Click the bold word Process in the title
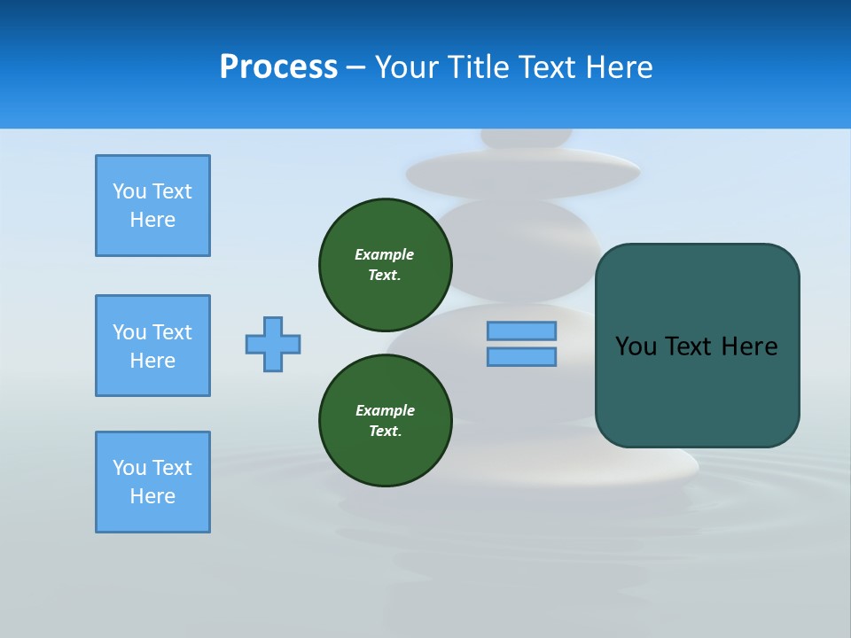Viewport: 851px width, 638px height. coord(278,67)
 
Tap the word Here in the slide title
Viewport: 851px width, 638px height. coord(616,67)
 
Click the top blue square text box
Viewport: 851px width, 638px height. coord(152,206)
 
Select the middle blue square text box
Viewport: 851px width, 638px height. coord(152,346)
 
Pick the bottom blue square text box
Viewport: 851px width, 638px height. coord(152,482)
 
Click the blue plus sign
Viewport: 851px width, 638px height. coord(273,344)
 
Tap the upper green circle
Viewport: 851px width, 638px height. coord(386,264)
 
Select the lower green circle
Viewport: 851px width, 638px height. coord(386,420)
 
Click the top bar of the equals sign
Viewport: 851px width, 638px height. coord(521,331)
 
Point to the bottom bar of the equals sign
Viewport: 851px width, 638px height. coord(521,356)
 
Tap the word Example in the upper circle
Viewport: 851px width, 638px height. coord(384,254)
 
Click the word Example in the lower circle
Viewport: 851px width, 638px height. coord(385,410)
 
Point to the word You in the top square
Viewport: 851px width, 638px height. coord(129,191)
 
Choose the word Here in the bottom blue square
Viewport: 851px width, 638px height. coord(152,496)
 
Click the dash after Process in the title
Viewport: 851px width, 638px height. coord(356,67)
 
